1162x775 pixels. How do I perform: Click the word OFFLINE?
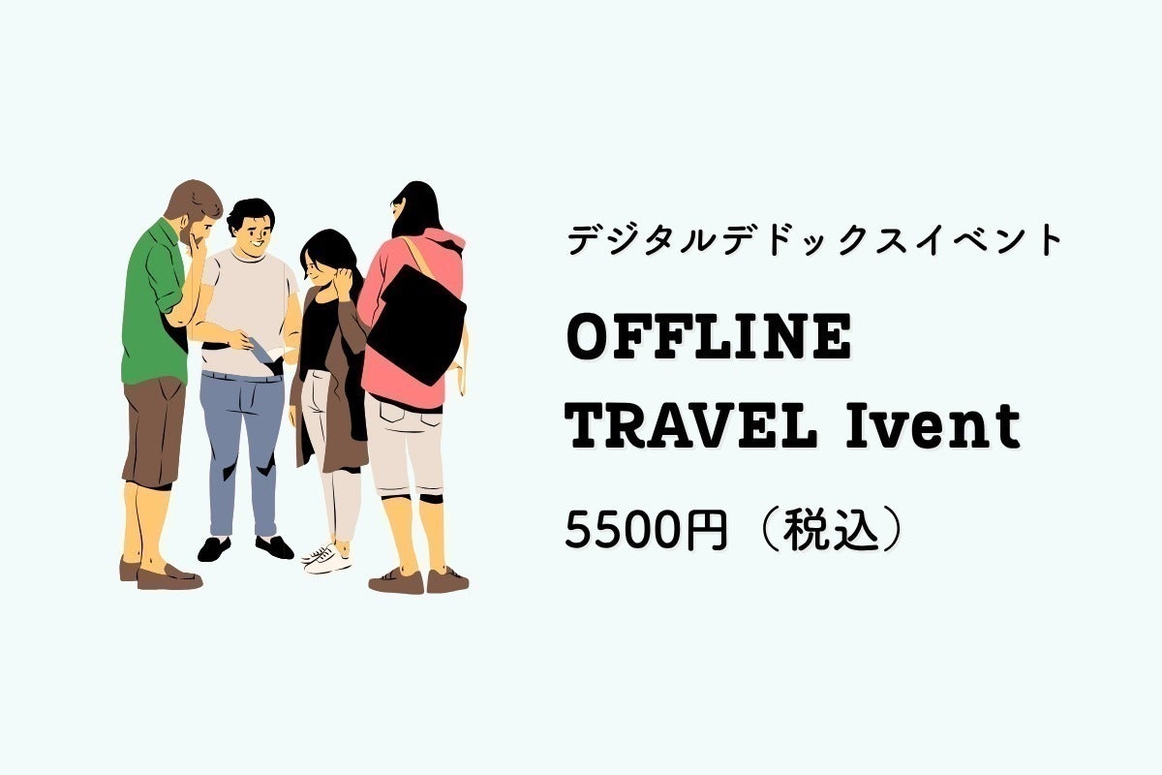click(x=709, y=336)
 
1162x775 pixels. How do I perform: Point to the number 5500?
click(x=623, y=530)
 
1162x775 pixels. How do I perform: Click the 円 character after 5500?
click(x=706, y=530)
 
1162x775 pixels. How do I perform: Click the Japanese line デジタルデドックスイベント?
click(x=815, y=239)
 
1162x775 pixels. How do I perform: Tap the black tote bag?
click(x=416, y=325)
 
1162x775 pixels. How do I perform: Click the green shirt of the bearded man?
click(x=154, y=306)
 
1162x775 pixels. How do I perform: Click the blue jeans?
click(x=243, y=447)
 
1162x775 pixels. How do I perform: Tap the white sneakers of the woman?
click(x=326, y=557)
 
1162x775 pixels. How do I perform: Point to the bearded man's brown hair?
click(x=196, y=200)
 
